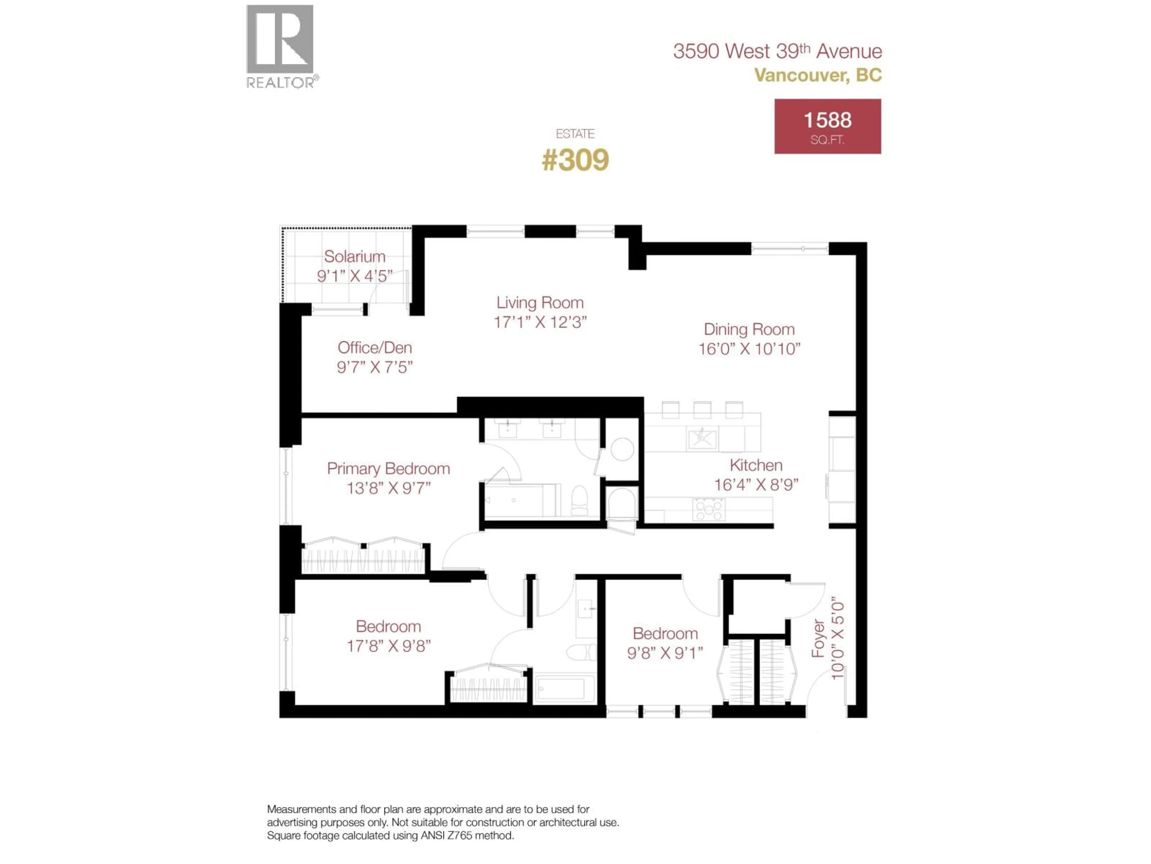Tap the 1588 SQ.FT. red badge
point(827,127)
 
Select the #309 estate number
point(575,160)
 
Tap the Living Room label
point(540,303)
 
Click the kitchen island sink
point(702,439)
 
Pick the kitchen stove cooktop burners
point(709,509)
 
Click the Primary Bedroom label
point(388,469)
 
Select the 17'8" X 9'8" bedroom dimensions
point(388,646)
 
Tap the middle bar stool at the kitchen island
point(702,409)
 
